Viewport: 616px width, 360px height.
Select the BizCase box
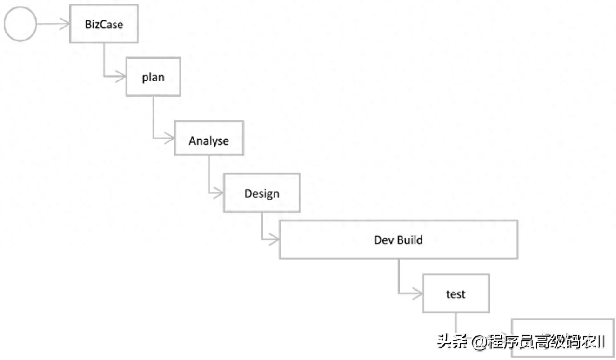pos(104,24)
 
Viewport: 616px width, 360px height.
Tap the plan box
pos(153,76)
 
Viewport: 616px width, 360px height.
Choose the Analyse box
pos(209,138)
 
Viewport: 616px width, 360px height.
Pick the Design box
pos(261,193)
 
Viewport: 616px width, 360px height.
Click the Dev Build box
pos(398,239)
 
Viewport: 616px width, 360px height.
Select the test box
pos(455,293)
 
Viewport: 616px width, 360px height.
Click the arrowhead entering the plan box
pos(121,76)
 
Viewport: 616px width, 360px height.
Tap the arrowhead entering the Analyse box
pos(169,138)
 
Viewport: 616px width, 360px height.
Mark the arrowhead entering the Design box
pos(219,193)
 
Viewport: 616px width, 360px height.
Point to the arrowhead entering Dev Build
pos(274,239)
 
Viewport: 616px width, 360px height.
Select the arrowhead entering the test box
pos(417,293)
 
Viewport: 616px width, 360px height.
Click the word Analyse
pos(209,140)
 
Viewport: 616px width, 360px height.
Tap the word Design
pos(261,193)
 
